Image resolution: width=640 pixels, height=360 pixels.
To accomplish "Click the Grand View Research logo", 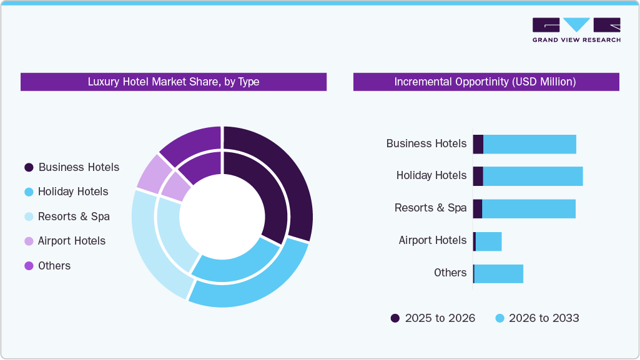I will tap(576, 29).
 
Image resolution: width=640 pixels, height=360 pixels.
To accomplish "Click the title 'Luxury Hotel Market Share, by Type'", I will tap(173, 82).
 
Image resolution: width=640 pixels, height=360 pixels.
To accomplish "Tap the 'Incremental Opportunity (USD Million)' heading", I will tap(485, 82).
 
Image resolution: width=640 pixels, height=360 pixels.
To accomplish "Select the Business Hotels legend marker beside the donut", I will tap(29, 167).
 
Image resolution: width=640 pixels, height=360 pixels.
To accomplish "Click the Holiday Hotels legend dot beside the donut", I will tap(29, 192).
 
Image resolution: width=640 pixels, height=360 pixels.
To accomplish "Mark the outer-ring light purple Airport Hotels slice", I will tap(152, 174).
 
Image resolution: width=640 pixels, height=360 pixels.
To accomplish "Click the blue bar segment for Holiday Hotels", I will tap(533, 176).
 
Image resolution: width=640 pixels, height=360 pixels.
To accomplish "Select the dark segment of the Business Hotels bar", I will tap(478, 144).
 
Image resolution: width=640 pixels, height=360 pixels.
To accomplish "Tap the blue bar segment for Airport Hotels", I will tap(488, 241).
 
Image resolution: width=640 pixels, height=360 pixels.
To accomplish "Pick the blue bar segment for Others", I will tap(498, 273).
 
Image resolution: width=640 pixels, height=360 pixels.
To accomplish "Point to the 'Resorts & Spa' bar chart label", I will tap(430, 208).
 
